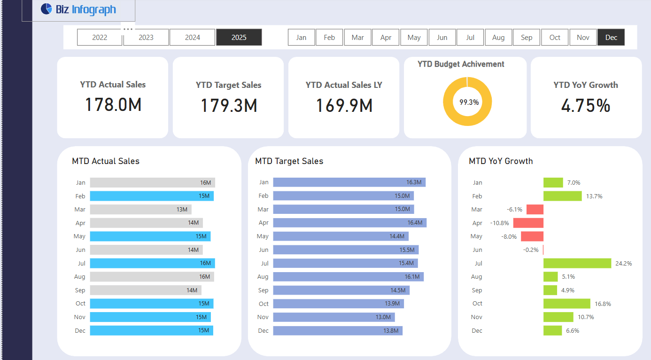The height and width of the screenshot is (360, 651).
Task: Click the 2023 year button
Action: point(146,38)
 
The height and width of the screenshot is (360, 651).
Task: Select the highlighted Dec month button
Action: point(611,38)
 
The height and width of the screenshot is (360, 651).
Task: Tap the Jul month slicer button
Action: point(470,38)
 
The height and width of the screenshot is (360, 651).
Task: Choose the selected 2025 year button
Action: point(239,38)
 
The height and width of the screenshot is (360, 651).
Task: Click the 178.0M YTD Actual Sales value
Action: point(113,104)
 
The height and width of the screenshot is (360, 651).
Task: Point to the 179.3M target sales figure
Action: point(229,105)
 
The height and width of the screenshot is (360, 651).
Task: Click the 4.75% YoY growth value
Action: point(586,105)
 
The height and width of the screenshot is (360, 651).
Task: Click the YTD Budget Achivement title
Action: point(461,64)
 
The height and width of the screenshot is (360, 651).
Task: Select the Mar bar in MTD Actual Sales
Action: point(140,210)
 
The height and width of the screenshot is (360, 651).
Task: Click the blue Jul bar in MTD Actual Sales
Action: point(152,263)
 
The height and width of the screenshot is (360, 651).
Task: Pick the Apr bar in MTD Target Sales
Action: point(349,223)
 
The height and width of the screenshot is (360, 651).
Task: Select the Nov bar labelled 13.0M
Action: point(333,317)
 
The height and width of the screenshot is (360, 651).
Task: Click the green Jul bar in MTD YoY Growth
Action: point(577,263)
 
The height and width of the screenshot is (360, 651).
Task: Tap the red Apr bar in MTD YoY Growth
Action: point(528,223)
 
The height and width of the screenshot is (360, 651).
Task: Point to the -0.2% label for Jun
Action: point(531,250)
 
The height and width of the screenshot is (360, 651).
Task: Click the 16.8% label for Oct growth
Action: point(603,304)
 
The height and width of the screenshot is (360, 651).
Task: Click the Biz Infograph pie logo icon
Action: point(46,9)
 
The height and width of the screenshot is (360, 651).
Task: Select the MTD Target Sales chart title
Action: point(289,161)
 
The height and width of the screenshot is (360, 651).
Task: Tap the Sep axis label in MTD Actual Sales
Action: point(80,290)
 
